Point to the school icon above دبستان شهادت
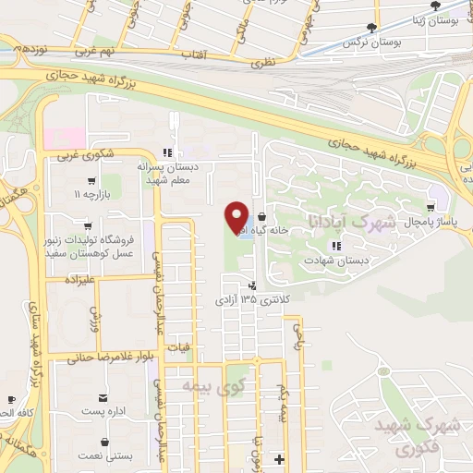[336, 246]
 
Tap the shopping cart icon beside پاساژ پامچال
[432, 210]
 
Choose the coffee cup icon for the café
[10, 401]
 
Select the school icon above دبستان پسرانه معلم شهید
[166, 153]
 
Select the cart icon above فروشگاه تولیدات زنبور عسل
[88, 224]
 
